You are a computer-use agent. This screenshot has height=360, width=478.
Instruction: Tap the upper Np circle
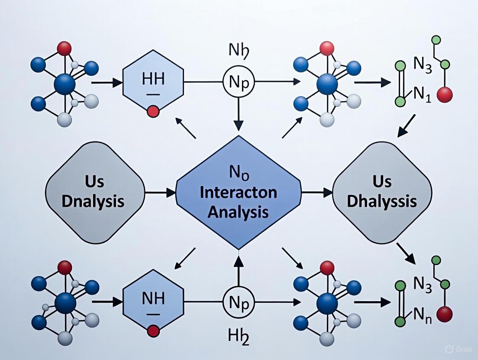point(238,82)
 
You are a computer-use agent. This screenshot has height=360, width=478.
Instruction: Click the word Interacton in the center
point(239,193)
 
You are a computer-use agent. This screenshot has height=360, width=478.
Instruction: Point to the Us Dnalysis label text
point(93,193)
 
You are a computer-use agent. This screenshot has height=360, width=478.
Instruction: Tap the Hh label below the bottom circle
point(238,336)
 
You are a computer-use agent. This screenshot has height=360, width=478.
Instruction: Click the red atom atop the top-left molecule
point(64,48)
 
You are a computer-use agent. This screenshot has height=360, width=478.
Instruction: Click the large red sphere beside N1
point(445,95)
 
